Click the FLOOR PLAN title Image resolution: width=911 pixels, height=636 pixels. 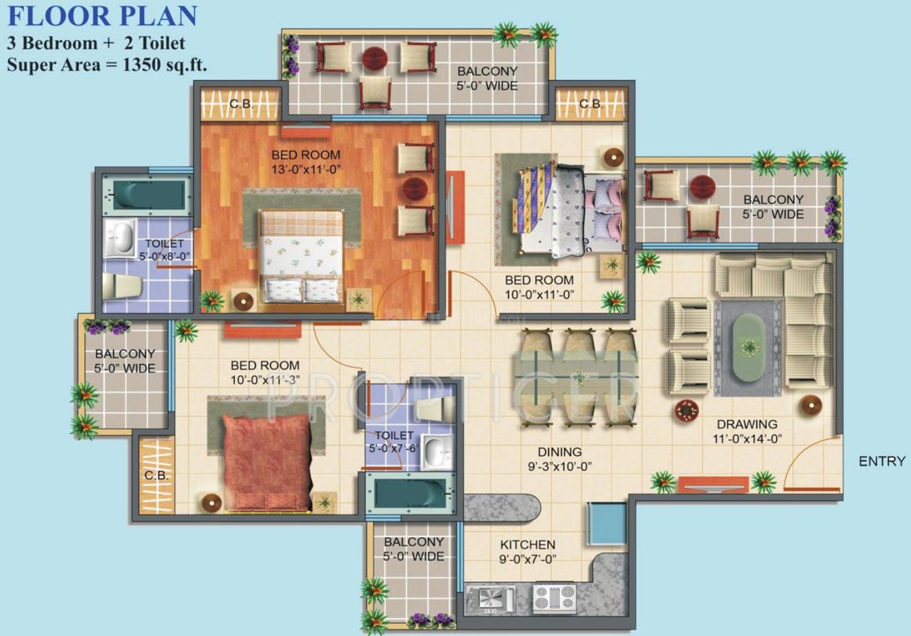(x=102, y=15)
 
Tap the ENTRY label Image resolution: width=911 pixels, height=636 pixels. (x=881, y=461)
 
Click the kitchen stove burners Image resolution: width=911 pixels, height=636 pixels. (x=554, y=598)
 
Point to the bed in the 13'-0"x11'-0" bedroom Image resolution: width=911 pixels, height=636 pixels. (x=302, y=256)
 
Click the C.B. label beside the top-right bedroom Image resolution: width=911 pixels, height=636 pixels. (x=590, y=104)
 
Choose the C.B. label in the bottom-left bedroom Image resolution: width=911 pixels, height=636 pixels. (x=154, y=476)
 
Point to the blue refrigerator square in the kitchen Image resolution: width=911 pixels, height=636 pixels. (x=606, y=524)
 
